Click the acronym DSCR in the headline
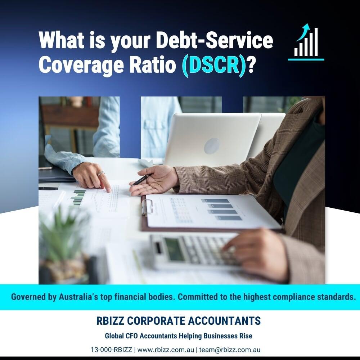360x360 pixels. [212, 64]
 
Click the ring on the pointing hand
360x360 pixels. [102, 174]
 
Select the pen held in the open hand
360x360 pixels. [141, 180]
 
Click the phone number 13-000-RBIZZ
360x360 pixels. [112, 350]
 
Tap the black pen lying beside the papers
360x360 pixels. [48, 188]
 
